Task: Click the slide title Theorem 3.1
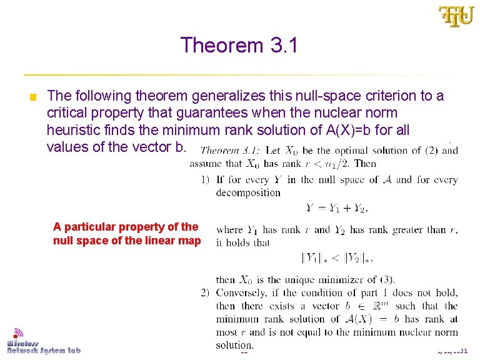tap(239, 46)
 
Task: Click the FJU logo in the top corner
tap(456, 17)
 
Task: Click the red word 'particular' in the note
tap(95, 227)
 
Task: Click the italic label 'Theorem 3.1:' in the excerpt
tap(229, 151)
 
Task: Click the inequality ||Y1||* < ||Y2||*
tap(340, 257)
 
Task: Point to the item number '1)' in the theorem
tap(204, 180)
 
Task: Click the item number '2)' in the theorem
tap(204, 292)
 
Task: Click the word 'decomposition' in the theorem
tap(248, 192)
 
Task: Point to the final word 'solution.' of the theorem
tap(234, 345)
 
